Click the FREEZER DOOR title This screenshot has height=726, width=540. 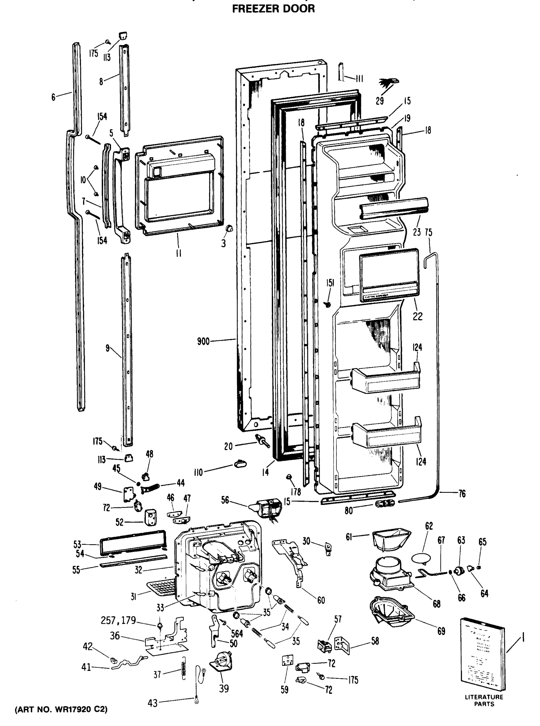pyautogui.click(x=273, y=8)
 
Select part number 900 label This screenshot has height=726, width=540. pyautogui.click(x=203, y=342)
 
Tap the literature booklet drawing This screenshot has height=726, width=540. pyautogui.click(x=483, y=654)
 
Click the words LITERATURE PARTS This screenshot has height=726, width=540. pyautogui.click(x=484, y=701)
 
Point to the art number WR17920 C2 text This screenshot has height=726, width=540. pyautogui.click(x=61, y=710)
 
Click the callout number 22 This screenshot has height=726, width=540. pyautogui.click(x=418, y=316)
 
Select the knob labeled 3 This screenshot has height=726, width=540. pyautogui.click(x=229, y=228)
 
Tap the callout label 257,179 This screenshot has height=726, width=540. pyautogui.click(x=118, y=620)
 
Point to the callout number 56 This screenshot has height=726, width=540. pyautogui.click(x=225, y=500)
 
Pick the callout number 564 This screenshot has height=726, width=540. pyautogui.click(x=237, y=633)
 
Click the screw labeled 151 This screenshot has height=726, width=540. pyautogui.click(x=327, y=304)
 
